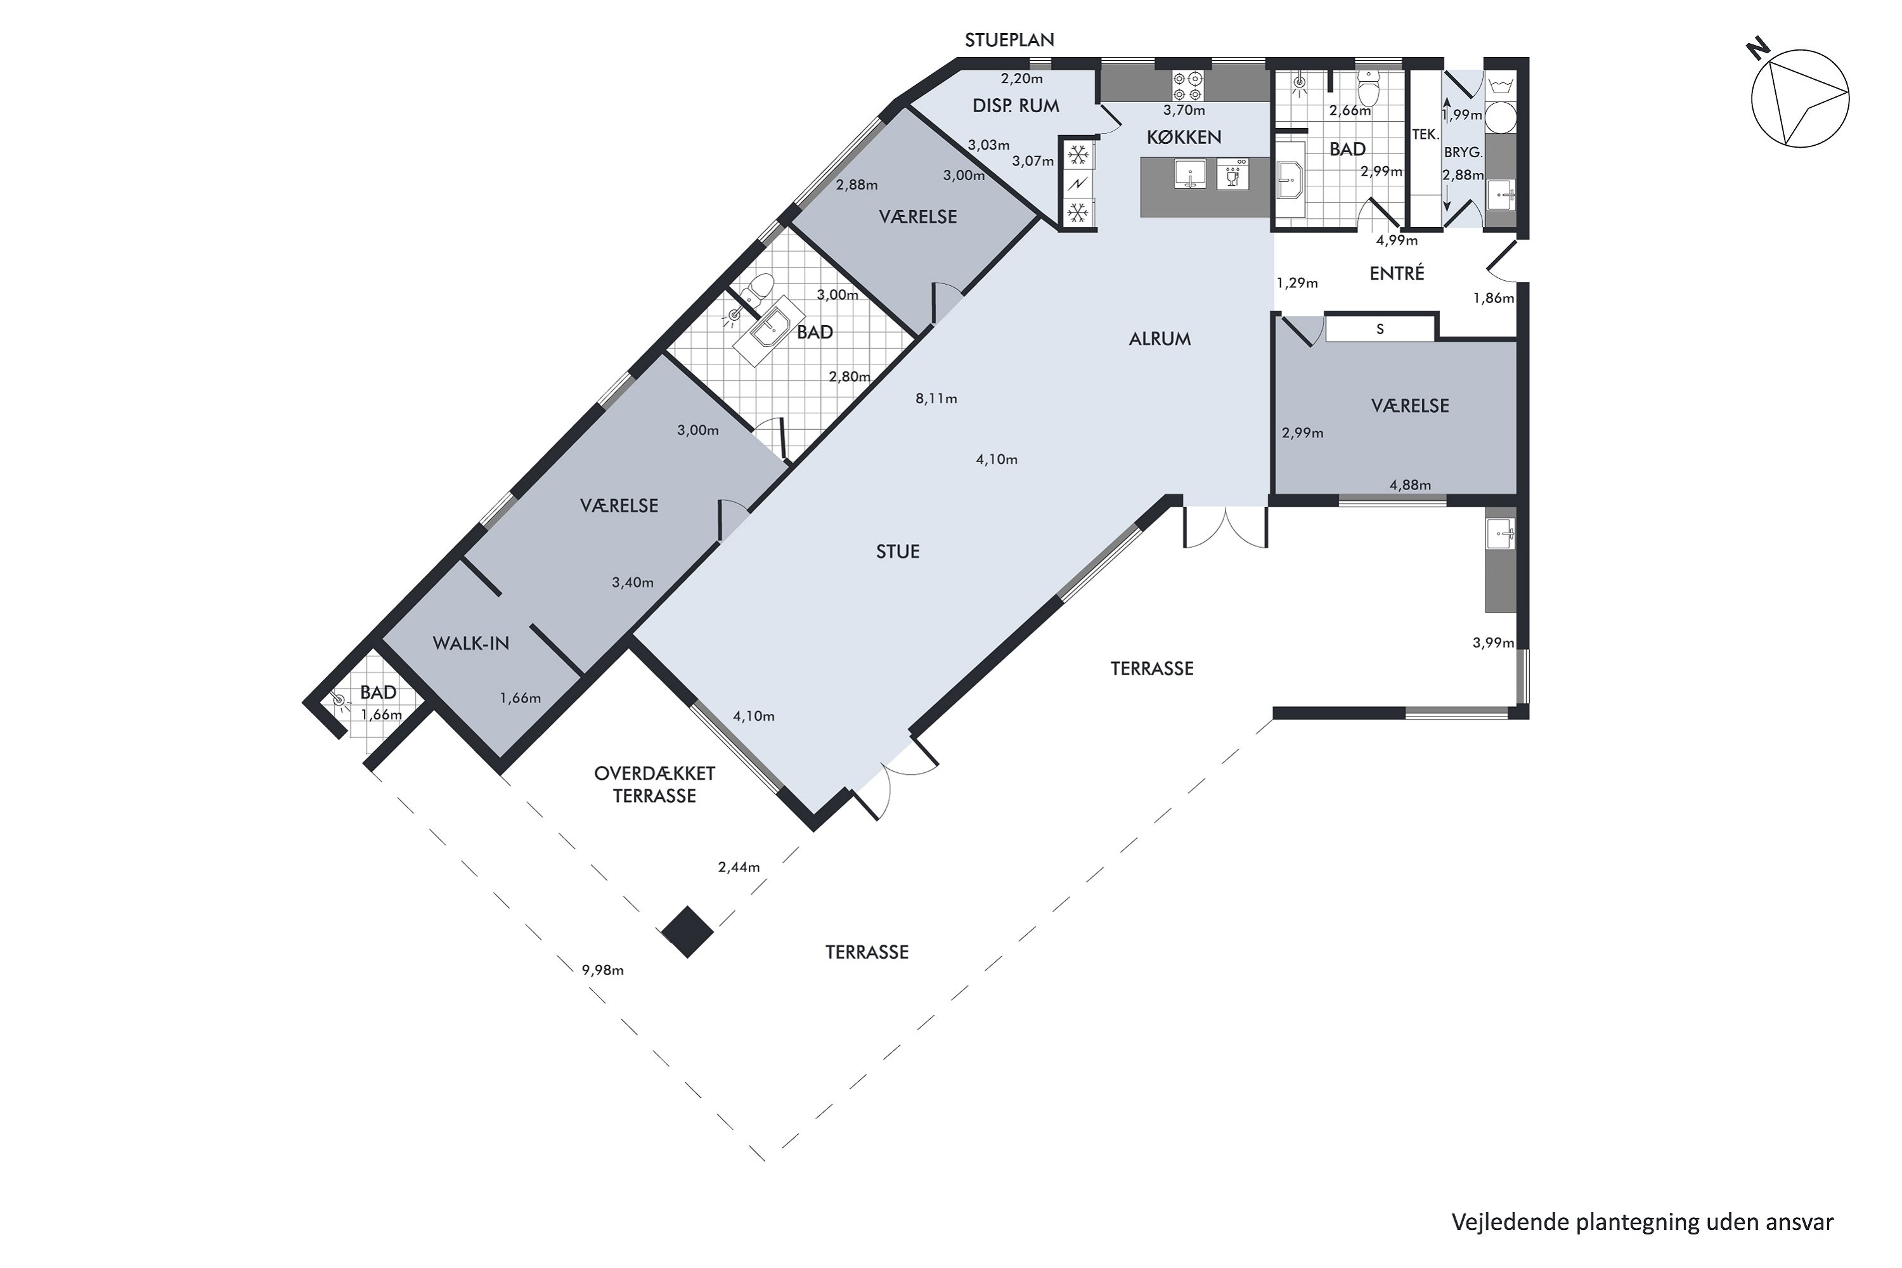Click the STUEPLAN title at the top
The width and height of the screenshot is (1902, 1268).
point(1010,39)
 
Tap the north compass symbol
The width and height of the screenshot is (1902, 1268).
point(1799,96)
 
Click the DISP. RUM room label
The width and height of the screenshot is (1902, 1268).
point(1016,105)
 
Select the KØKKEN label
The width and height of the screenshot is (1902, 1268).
point(1184,138)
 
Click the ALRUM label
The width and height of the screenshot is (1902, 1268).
point(1160,339)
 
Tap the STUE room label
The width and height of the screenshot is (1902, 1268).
point(898,552)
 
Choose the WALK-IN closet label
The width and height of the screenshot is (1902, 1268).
point(470,644)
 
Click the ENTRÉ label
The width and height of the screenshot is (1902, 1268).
point(1397,273)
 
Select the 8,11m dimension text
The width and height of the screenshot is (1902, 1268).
point(936,398)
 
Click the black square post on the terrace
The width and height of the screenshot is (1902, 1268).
point(687,931)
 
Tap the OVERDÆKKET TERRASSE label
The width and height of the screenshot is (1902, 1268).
point(655,784)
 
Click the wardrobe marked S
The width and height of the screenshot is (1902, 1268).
point(1380,328)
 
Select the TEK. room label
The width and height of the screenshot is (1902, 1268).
point(1426,135)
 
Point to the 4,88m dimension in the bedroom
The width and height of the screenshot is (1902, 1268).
point(1410,485)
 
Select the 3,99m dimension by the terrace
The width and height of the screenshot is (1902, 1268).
point(1494,643)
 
